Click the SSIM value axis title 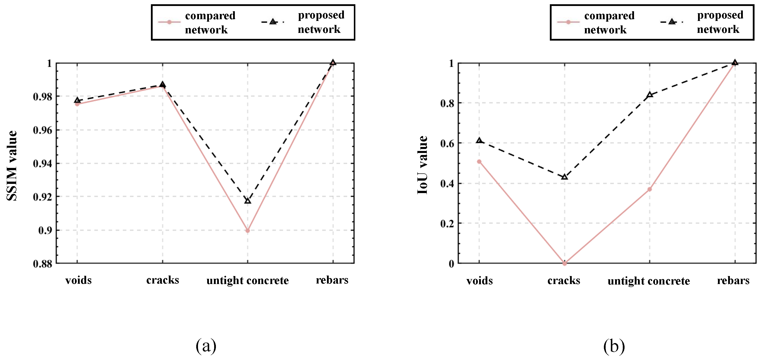[x=12, y=166]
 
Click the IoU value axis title [x=422, y=165]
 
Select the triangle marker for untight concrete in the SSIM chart [x=248, y=201]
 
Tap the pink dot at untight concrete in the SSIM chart [x=248, y=230]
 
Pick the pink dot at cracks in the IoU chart [x=565, y=263]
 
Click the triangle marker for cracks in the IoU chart [x=565, y=177]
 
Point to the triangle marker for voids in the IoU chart [x=479, y=141]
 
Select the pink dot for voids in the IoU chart [x=479, y=161]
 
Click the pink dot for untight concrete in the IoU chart [x=649, y=189]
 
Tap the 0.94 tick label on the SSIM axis [x=42, y=163]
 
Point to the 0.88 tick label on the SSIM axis [x=42, y=264]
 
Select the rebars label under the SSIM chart [x=332, y=280]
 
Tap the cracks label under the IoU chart [x=564, y=280]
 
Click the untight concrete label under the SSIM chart [x=248, y=280]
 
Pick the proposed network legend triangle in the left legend [x=273, y=22]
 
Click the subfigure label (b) [x=614, y=346]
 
